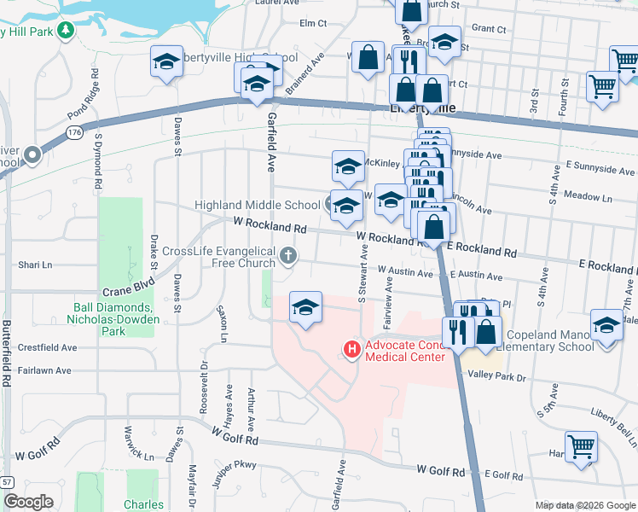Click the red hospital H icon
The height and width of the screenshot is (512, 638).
tap(350, 349)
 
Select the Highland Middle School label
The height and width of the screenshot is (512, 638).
tap(257, 205)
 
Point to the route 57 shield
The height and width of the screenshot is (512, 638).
tap(6, 481)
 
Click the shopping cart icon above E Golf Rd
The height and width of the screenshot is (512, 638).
tap(581, 446)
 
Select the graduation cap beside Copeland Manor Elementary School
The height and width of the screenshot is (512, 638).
tap(606, 325)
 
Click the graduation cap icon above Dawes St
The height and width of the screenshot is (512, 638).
tap(166, 61)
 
